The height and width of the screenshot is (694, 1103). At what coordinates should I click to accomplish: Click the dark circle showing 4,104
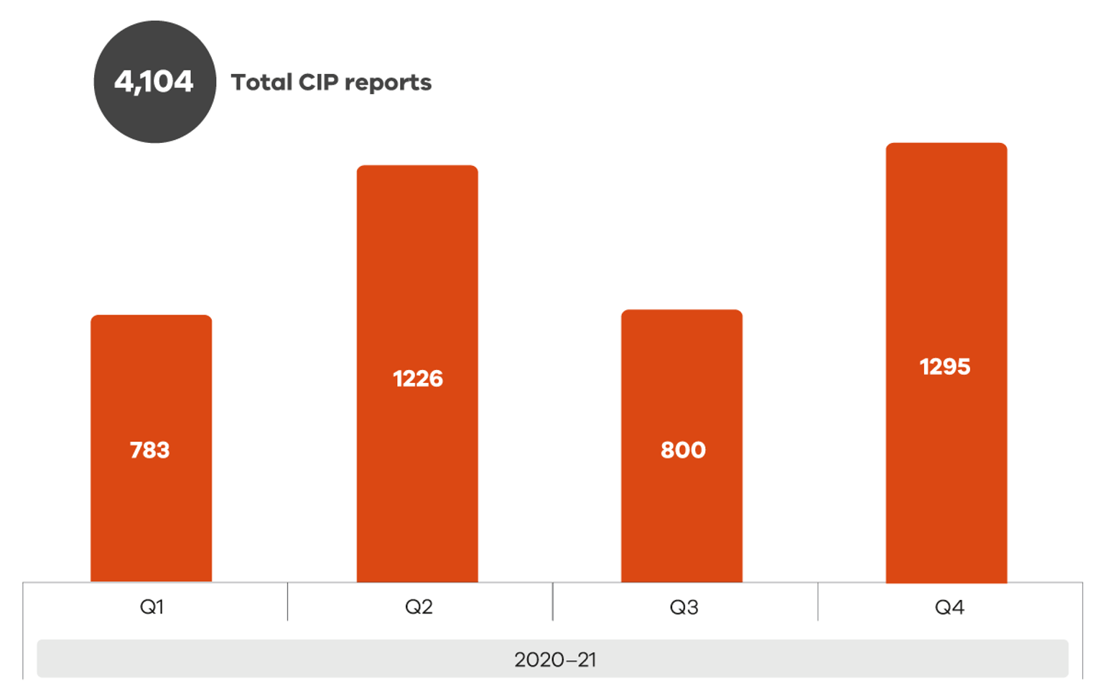click(x=154, y=82)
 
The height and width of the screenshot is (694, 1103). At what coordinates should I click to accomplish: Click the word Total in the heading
click(x=261, y=83)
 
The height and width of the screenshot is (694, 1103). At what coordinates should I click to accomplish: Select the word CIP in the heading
click(x=318, y=83)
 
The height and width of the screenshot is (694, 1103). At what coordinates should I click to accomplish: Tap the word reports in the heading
click(x=388, y=84)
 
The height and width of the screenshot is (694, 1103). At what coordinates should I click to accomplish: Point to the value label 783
click(x=149, y=450)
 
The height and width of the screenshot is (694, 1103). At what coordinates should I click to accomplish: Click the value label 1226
click(x=418, y=379)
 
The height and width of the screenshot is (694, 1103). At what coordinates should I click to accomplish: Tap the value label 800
click(x=683, y=450)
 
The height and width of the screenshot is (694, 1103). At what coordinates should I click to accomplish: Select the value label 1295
click(x=945, y=367)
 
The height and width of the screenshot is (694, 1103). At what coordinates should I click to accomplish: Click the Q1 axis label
click(x=152, y=608)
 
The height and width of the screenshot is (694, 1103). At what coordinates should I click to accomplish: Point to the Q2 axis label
click(x=419, y=608)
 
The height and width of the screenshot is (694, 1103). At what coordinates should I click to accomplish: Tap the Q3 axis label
click(x=684, y=608)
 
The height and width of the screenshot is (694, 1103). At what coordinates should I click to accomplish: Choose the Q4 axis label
click(x=949, y=608)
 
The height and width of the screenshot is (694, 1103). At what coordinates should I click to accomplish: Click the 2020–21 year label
click(x=555, y=660)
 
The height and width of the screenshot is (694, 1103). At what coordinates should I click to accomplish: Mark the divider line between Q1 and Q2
click(x=287, y=601)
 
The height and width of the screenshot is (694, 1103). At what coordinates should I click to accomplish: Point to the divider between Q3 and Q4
click(x=818, y=601)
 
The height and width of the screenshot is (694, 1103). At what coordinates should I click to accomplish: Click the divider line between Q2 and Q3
click(x=553, y=601)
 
